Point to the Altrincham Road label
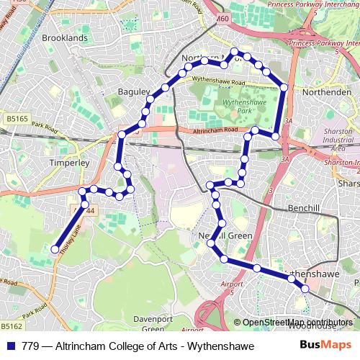215,130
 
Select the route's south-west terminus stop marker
55,249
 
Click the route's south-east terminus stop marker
305,289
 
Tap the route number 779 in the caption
31,346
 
